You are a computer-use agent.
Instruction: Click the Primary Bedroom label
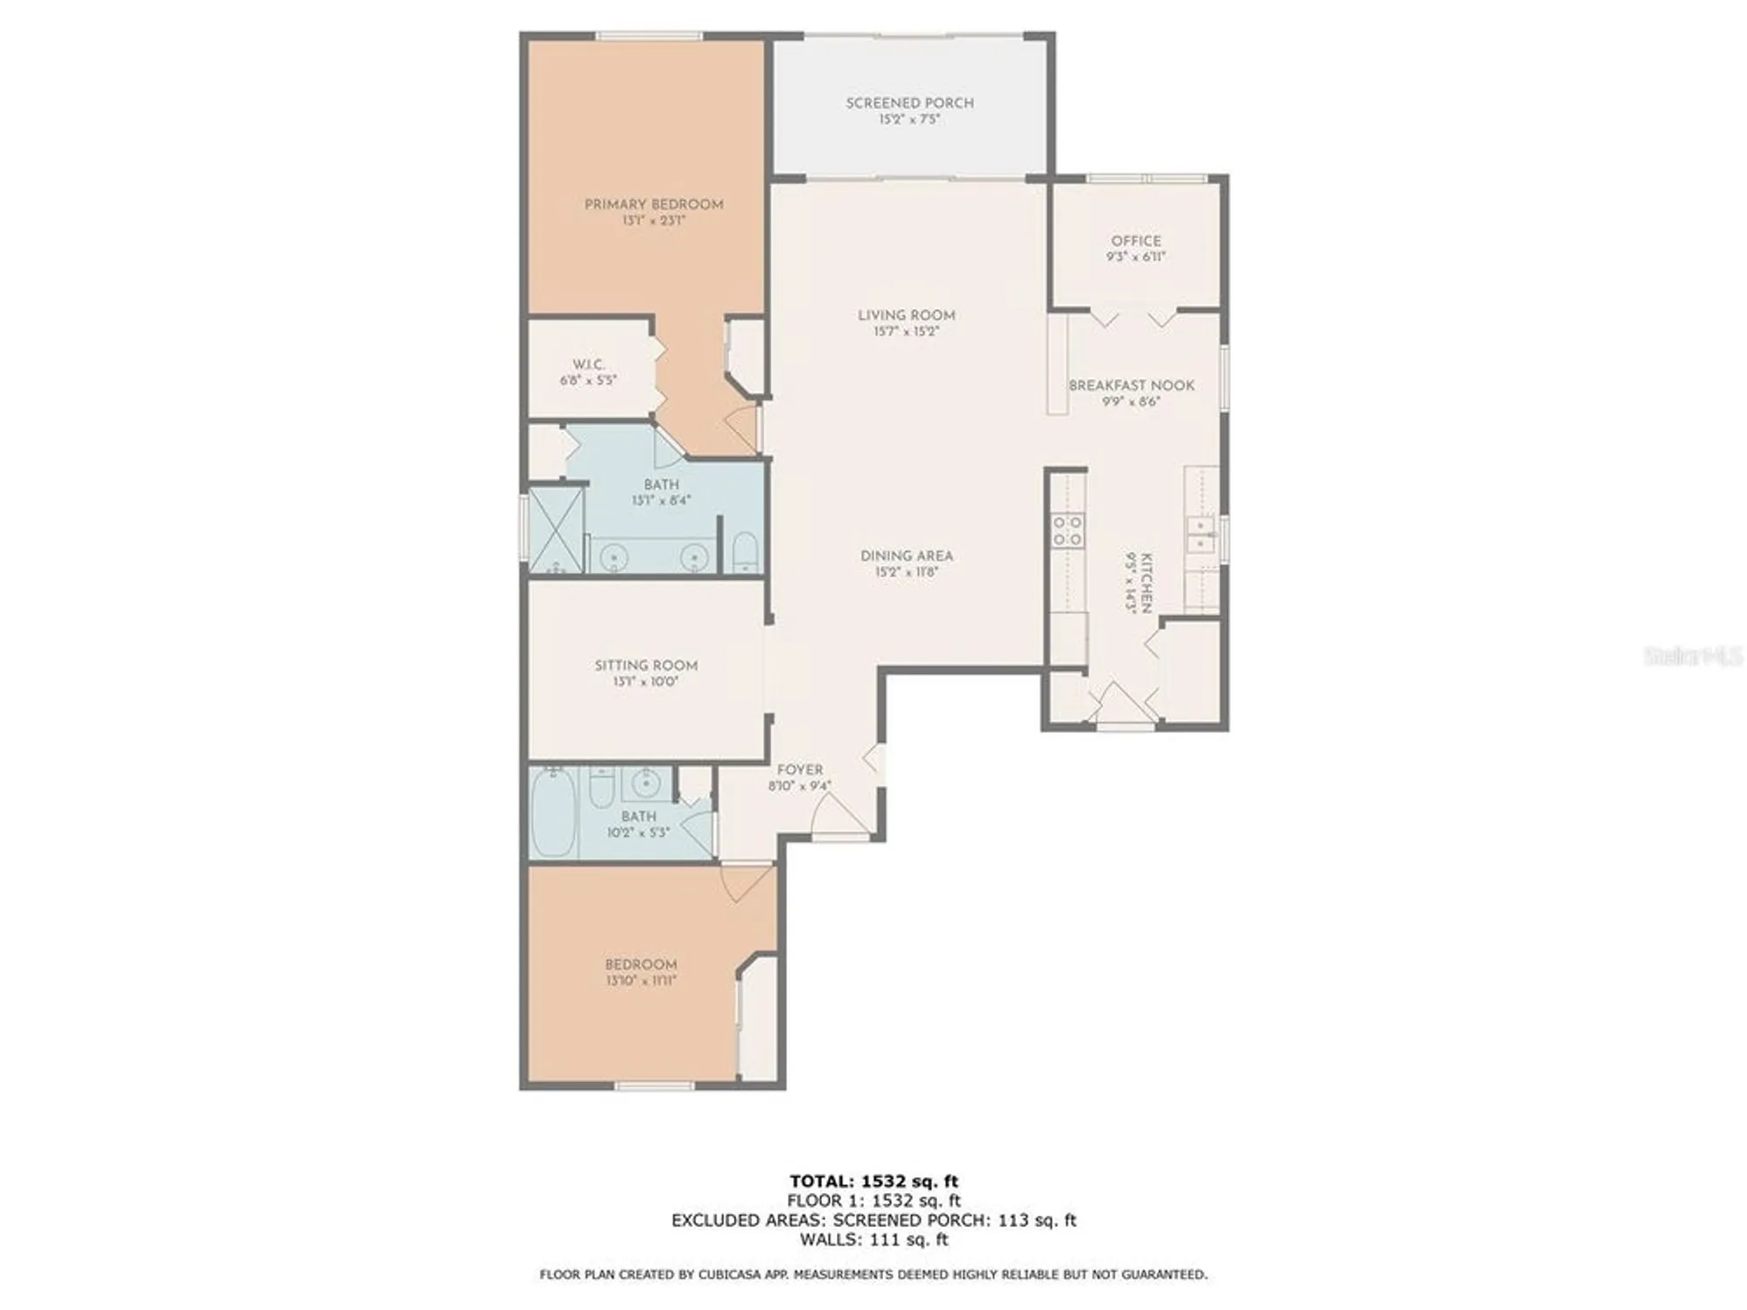[x=653, y=204]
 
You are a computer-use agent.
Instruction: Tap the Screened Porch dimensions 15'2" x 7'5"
[x=909, y=120]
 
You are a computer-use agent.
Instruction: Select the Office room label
[x=1136, y=240]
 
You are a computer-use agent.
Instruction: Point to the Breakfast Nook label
[x=1131, y=385]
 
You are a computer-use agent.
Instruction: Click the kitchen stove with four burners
[x=1067, y=530]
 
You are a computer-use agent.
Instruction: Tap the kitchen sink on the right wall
[x=1200, y=534]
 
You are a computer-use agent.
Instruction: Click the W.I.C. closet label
[x=588, y=364]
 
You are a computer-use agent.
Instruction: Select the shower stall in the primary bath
[x=556, y=530]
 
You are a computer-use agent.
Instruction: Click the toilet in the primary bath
[x=745, y=553]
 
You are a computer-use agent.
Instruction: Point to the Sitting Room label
[x=646, y=665]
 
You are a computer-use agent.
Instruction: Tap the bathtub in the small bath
[x=553, y=813]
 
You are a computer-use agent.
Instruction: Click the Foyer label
[x=799, y=769]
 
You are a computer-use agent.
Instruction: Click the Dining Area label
[x=906, y=555]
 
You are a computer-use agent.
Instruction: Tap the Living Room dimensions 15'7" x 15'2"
[x=906, y=332]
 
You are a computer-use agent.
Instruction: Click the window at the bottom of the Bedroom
[x=654, y=1086]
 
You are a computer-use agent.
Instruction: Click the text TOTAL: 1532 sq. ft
[x=873, y=1182]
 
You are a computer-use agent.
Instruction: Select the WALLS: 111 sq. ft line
[x=873, y=1239]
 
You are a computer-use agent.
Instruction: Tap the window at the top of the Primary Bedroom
[x=649, y=36]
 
